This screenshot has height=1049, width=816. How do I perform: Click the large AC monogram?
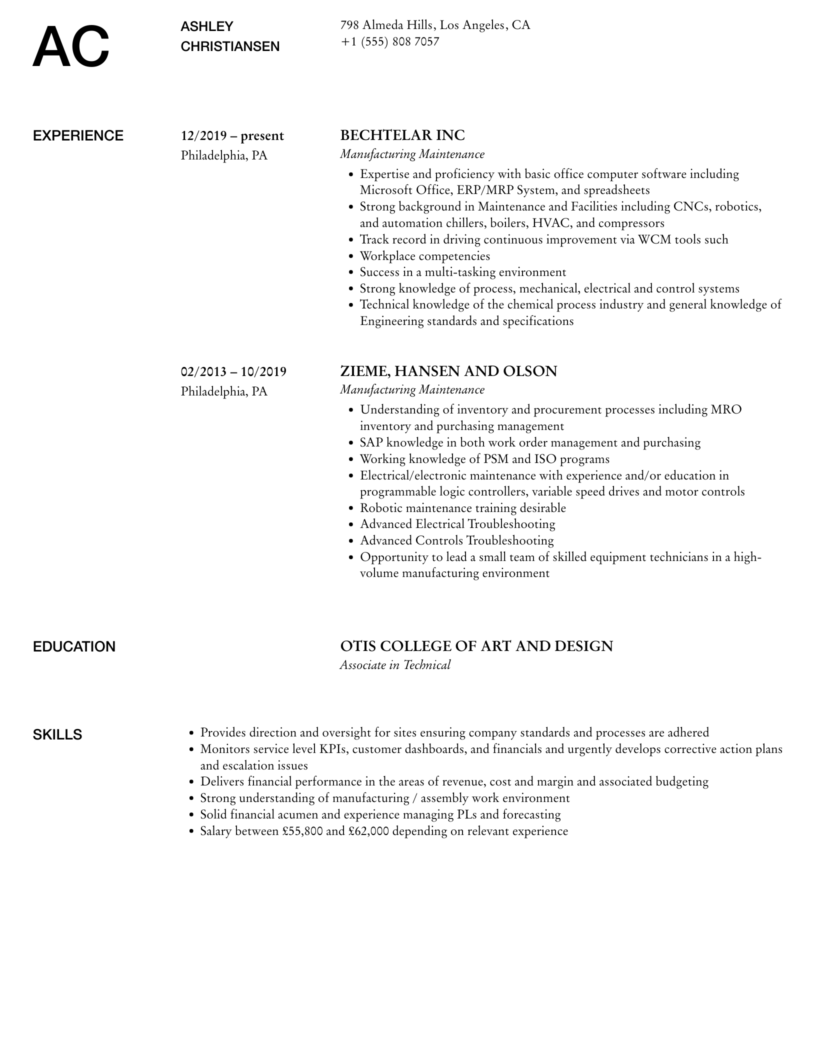70,47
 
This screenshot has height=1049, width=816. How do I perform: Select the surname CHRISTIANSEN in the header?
230,46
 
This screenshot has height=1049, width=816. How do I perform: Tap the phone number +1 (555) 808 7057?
389,41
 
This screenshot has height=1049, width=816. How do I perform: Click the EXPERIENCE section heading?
78,136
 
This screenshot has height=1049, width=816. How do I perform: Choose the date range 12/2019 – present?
232,136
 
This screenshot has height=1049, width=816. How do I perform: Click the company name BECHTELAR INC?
402,135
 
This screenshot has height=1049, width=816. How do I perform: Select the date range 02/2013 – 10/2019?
233,371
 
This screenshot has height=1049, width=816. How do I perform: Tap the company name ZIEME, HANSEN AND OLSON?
448,371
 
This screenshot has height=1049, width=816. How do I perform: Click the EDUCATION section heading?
74,647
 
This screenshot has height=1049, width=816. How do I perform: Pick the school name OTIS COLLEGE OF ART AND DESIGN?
476,646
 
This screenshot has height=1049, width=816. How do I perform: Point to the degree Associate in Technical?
395,665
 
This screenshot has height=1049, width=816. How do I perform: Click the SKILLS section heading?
57,735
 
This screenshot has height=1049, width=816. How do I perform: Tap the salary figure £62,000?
368,831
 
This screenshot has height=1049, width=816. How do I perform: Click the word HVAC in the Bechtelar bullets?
548,223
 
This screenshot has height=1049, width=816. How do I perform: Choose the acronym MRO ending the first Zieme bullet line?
726,410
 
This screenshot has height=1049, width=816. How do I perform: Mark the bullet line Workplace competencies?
425,256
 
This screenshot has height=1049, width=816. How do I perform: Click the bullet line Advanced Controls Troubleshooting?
456,540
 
